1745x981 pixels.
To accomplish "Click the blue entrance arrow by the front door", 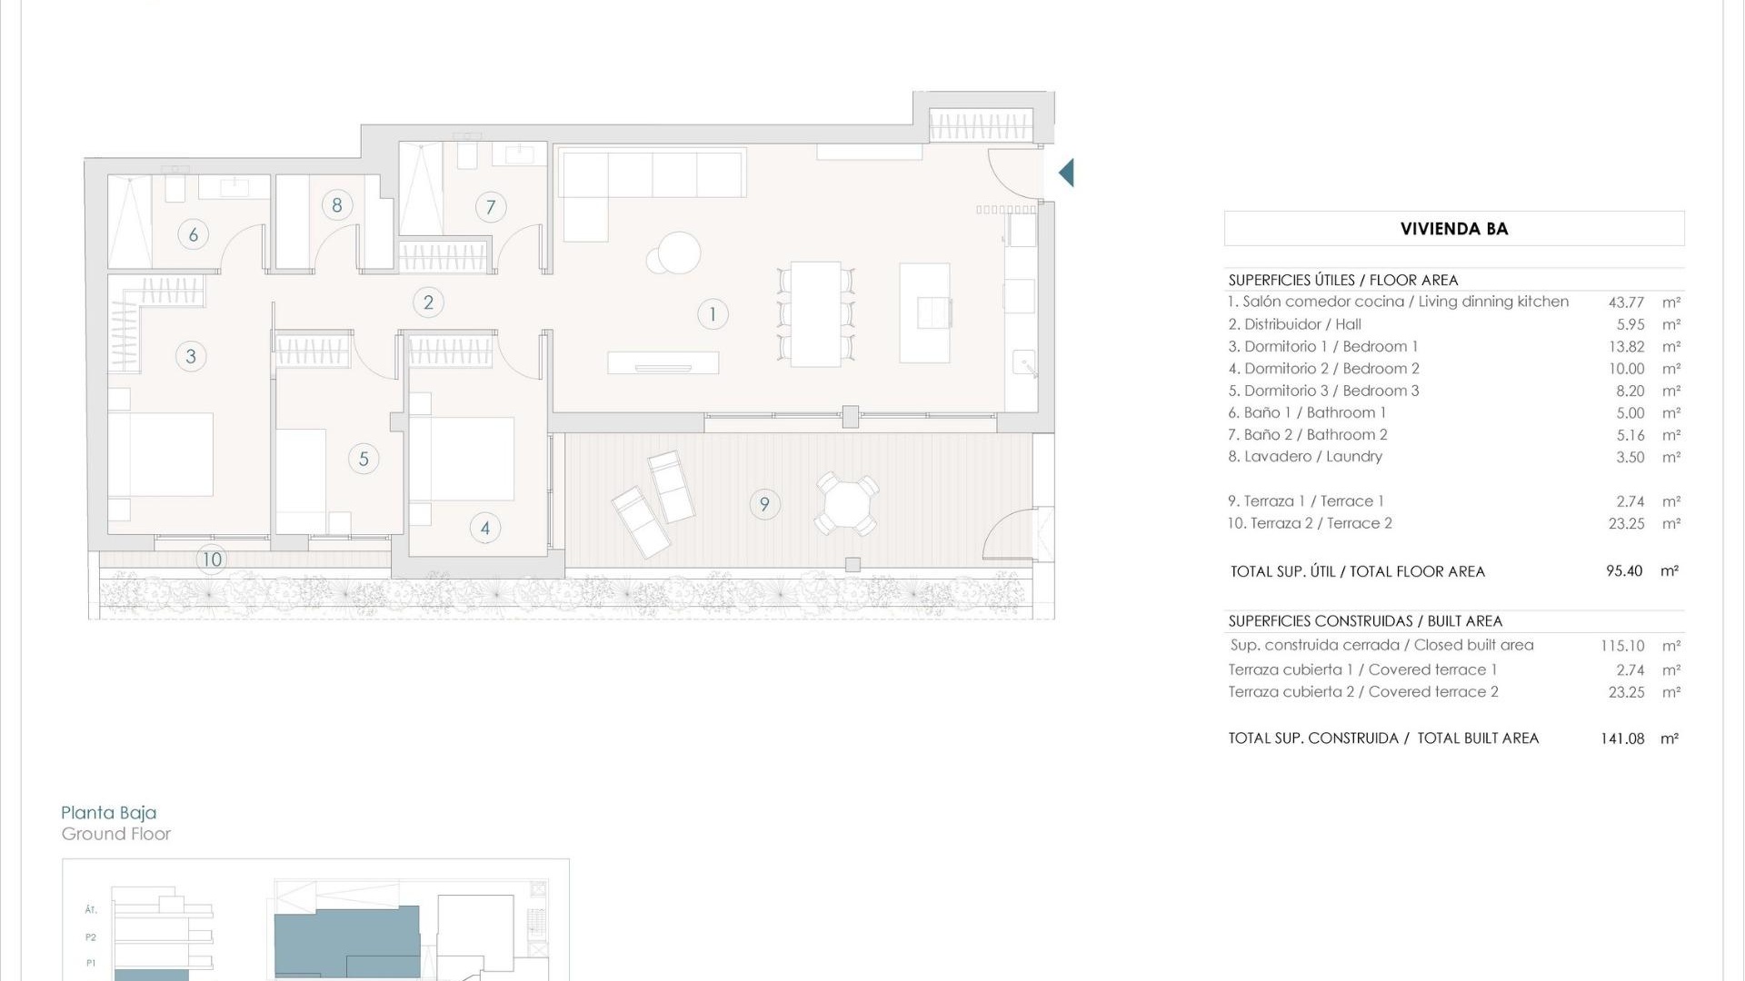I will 1067,173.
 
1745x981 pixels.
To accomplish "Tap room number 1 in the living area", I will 713,314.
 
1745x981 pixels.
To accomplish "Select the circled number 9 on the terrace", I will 764,504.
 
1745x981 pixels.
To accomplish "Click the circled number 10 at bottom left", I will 212,559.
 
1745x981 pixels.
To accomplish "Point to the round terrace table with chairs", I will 846,504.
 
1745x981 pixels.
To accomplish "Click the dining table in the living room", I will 815,313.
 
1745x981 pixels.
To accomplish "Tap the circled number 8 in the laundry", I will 337,204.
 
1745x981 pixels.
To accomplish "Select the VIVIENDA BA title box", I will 1453,229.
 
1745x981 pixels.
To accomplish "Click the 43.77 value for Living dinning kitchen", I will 1626,302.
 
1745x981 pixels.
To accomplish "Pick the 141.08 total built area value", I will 1622,738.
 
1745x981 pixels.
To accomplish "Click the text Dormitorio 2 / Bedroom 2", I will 1323,369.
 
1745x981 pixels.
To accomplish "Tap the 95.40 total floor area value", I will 1624,571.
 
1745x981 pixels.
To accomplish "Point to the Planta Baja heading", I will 109,813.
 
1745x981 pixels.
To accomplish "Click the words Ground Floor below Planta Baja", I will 116,834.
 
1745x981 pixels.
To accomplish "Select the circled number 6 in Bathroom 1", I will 193,234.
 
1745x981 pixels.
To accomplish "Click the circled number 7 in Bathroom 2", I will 491,207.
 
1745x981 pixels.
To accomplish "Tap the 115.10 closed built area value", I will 1622,646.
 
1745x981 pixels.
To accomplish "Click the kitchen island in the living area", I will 924,312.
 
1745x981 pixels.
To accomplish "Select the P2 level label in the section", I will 91,937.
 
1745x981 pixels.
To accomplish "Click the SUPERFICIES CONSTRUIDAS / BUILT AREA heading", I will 1365,621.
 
